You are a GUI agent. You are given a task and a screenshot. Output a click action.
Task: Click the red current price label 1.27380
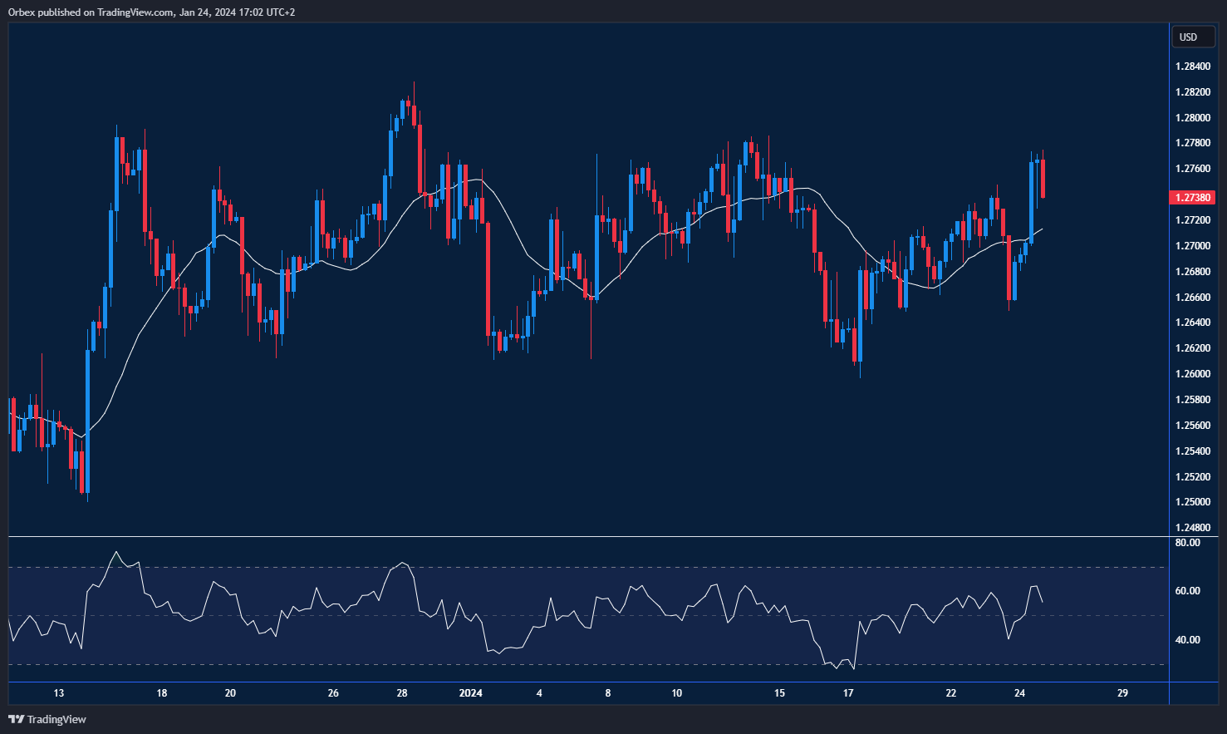pos(1191,198)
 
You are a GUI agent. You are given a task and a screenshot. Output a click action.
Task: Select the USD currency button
pos(1189,37)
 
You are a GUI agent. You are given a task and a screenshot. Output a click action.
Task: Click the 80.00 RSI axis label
pos(1187,543)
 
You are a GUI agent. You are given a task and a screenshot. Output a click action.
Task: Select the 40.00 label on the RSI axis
pos(1187,640)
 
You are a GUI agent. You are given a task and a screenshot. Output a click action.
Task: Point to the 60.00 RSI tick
pos(1187,591)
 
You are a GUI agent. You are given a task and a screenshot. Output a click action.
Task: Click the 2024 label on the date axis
pos(471,693)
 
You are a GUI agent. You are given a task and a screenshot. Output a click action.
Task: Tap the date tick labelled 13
pos(59,693)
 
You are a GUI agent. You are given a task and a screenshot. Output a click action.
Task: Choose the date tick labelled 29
pos(1122,693)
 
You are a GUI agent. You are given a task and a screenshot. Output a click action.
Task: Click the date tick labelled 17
pos(848,693)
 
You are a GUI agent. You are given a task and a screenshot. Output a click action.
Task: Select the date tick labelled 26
pos(333,693)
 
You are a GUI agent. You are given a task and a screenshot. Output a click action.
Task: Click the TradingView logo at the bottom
pos(47,719)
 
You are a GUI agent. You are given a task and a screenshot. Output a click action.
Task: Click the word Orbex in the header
pos(22,12)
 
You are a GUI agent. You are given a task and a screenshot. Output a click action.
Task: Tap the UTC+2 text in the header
pos(279,12)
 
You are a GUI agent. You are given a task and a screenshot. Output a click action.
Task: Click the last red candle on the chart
pos(1043,178)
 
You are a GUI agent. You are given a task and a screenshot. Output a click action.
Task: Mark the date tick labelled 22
pos(951,693)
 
